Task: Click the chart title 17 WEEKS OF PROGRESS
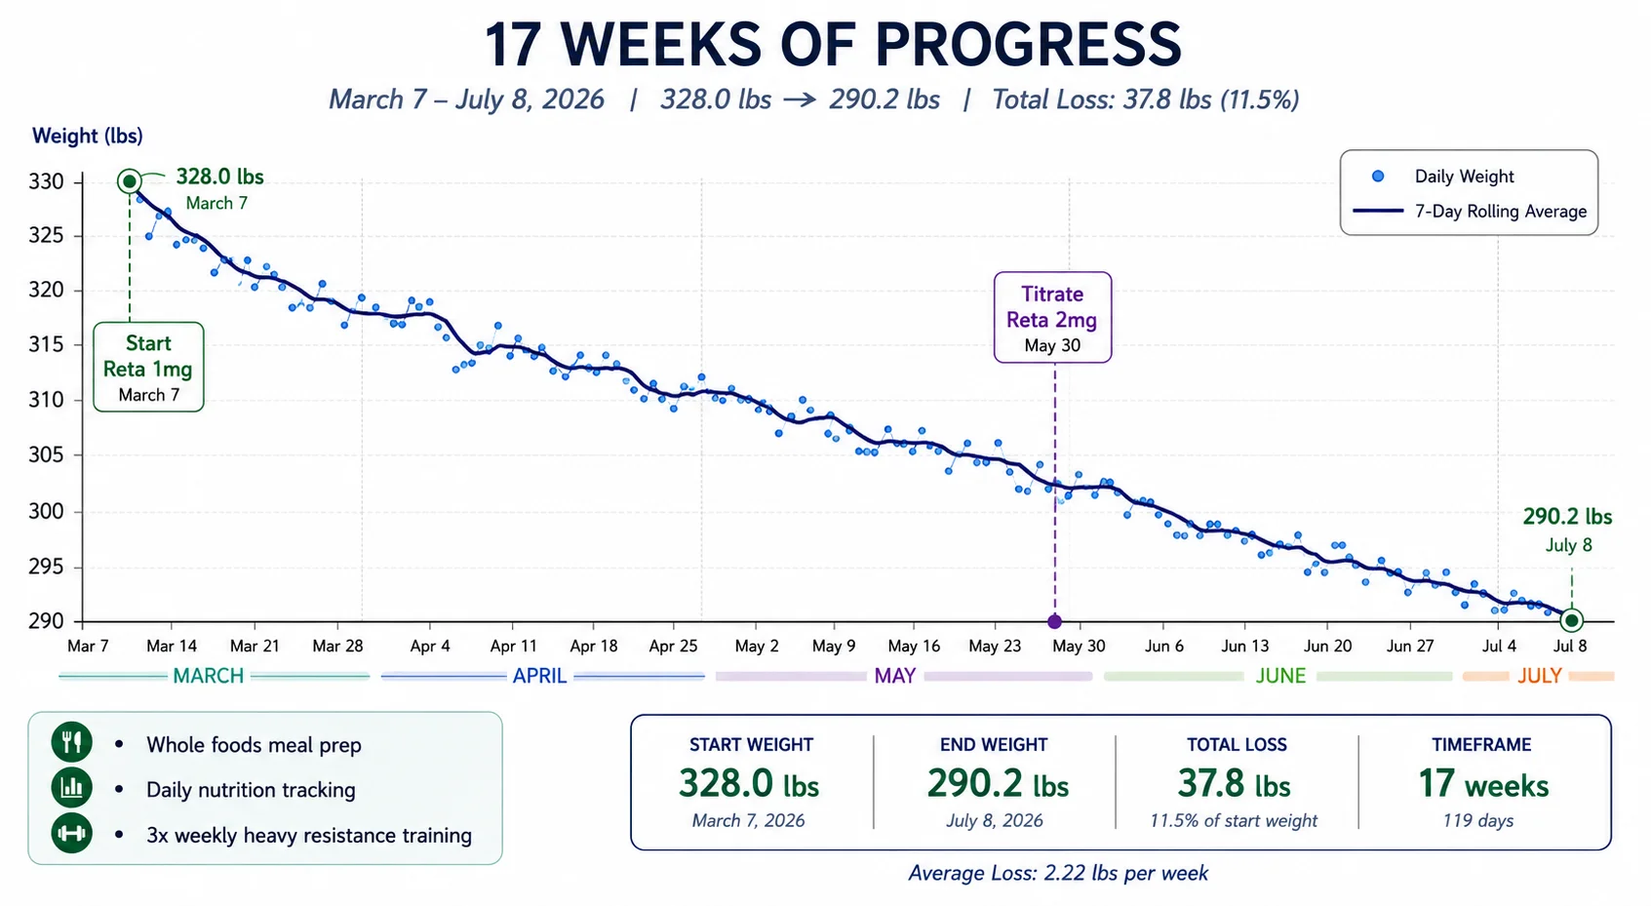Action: tap(833, 44)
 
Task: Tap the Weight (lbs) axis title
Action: tap(87, 136)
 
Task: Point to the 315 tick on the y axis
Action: tap(46, 344)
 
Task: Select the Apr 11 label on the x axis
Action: tap(514, 647)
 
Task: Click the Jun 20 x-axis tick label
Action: tap(1327, 647)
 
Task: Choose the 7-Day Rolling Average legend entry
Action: tap(1471, 212)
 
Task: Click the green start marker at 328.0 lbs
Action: tap(130, 181)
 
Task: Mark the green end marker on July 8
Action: tap(1571, 620)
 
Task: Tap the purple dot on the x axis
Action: tap(1055, 621)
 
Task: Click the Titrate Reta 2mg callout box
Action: tap(1052, 318)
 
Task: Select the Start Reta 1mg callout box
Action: tap(148, 367)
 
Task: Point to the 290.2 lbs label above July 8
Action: tap(1568, 517)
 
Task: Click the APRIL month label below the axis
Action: tap(539, 676)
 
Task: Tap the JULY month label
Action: tap(1540, 676)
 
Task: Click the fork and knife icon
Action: tap(71, 741)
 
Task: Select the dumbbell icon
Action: tap(71, 833)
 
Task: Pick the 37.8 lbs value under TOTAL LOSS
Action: tap(1235, 784)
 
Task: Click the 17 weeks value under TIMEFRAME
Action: tap(1483, 784)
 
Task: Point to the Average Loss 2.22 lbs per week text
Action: tap(1058, 874)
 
